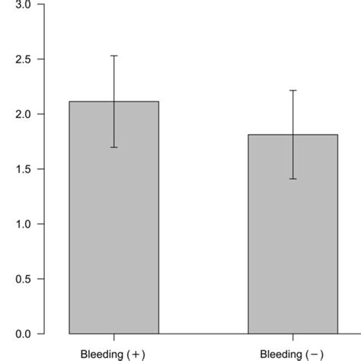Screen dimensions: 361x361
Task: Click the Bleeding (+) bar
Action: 114,228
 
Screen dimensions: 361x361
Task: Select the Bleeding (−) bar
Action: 293,244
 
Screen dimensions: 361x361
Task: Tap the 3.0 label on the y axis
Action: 22,5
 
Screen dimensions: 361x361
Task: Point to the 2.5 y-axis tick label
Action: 22,59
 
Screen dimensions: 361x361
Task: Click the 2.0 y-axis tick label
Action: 22,114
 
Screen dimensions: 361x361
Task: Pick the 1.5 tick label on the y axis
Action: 22,169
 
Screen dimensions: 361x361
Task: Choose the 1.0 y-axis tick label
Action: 22,224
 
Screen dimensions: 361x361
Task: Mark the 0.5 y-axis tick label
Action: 22,279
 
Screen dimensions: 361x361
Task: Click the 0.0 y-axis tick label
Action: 22,334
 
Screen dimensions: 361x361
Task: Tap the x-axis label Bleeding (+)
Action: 114,353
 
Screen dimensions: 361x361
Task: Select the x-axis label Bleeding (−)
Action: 293,353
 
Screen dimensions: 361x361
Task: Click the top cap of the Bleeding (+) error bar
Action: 114,56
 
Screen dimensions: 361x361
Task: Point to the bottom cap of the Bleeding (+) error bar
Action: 114,147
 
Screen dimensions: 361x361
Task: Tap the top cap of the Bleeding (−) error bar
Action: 293,91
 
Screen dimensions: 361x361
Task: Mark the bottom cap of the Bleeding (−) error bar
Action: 293,179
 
